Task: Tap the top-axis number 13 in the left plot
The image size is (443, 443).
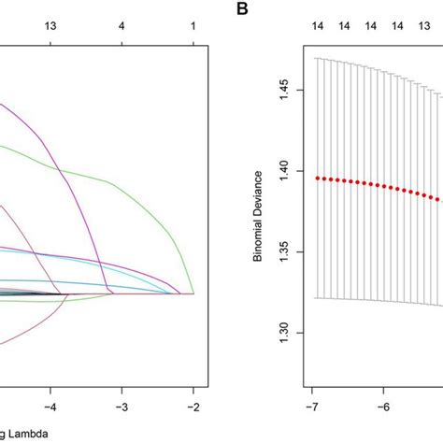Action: (51, 30)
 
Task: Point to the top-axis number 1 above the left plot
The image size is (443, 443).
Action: (193, 30)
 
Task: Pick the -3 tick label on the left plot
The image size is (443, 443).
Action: (122, 407)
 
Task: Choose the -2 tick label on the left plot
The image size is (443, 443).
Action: (193, 407)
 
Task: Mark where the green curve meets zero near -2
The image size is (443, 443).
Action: (193, 293)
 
